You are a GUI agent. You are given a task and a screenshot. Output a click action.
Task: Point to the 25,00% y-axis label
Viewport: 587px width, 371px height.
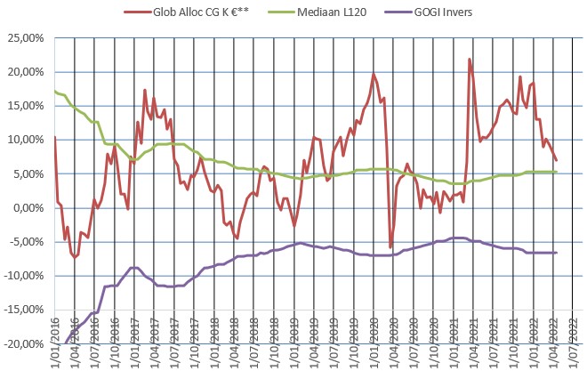click(26, 38)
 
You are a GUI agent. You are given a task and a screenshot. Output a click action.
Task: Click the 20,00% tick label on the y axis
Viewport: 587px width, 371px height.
click(26, 72)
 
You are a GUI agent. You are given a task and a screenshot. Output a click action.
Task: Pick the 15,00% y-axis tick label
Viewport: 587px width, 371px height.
click(26, 106)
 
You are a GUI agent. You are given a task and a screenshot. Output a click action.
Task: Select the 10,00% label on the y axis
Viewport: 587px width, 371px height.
click(26, 140)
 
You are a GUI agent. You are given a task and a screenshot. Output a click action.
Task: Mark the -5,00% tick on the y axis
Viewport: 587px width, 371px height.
click(27, 241)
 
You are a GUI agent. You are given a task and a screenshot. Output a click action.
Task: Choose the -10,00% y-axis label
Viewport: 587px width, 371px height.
click(24, 276)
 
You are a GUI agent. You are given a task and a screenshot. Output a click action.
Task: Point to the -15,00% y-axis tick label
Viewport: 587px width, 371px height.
click(24, 310)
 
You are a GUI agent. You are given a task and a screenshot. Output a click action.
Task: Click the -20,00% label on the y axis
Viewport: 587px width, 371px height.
click(24, 343)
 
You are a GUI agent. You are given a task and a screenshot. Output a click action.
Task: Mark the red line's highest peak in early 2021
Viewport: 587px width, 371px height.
click(470, 60)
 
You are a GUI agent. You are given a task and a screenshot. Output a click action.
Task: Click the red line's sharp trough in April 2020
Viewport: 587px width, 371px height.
click(390, 246)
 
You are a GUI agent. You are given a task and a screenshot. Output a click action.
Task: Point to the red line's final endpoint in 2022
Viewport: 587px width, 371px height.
click(556, 160)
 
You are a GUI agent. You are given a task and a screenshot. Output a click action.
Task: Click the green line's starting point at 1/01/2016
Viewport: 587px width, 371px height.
click(54, 92)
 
